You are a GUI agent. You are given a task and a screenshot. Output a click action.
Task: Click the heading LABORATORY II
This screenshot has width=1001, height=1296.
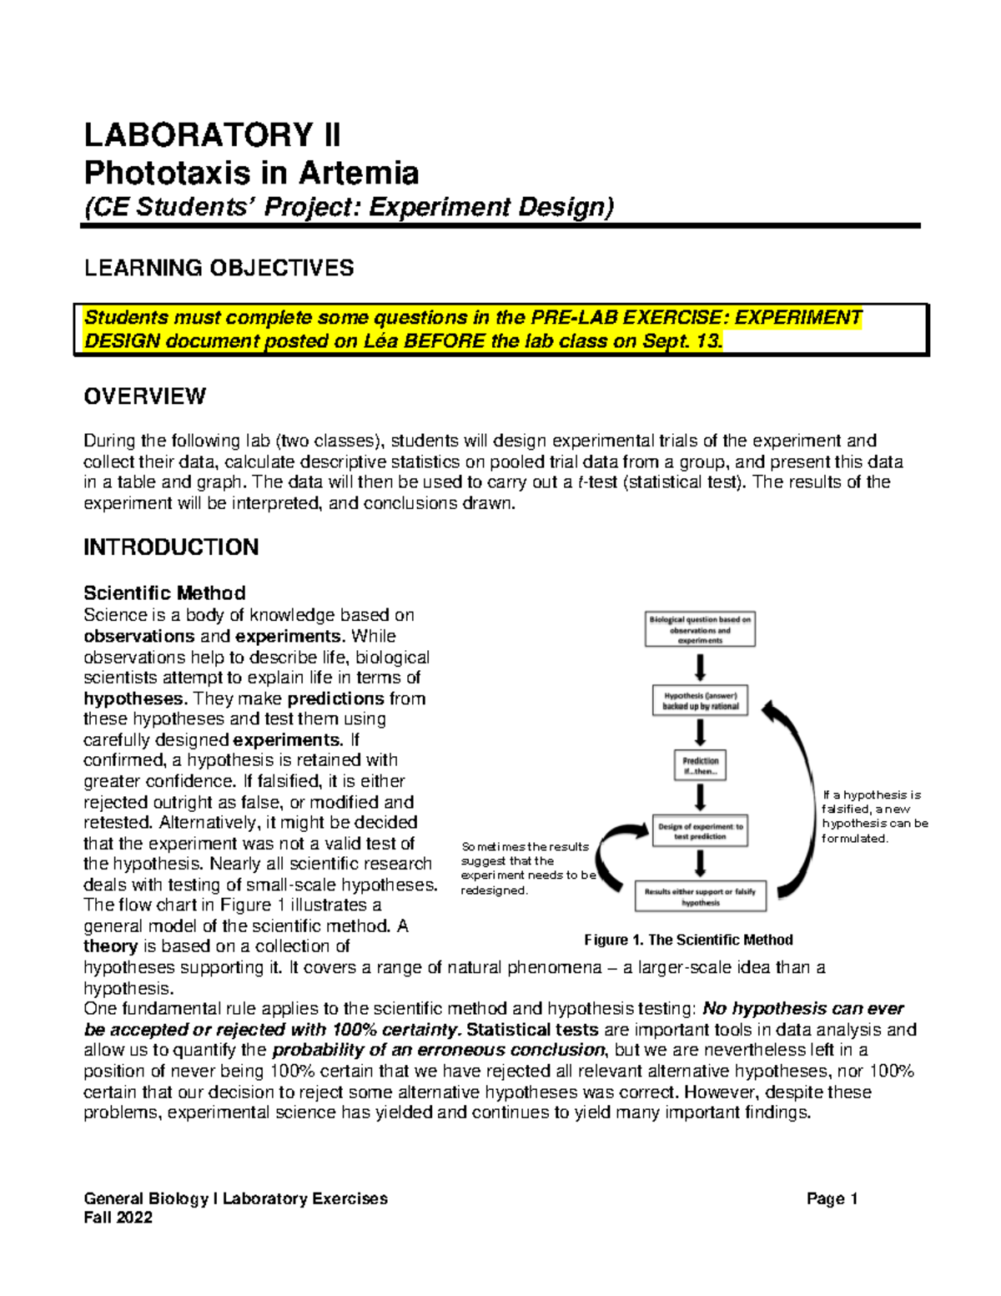(213, 135)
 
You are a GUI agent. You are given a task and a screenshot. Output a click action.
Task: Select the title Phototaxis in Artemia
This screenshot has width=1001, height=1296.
(251, 174)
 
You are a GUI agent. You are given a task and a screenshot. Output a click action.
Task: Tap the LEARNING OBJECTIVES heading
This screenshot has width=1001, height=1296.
(219, 268)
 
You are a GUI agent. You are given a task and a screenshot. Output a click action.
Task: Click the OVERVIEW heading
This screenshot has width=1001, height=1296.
(144, 396)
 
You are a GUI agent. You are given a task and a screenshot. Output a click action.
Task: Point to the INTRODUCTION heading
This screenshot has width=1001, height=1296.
(171, 547)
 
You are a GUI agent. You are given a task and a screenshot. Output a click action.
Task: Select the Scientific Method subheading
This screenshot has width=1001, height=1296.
(164, 593)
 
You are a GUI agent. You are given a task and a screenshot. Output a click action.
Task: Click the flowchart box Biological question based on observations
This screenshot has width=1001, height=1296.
(700, 630)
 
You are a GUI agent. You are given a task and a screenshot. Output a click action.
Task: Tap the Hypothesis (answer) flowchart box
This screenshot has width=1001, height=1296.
(700, 700)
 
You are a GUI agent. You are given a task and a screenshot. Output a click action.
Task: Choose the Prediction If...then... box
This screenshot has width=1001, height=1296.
(700, 766)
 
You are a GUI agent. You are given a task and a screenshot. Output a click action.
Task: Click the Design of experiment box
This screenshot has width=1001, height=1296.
(700, 831)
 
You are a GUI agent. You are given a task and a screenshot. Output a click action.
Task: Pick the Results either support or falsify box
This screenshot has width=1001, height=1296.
(700, 896)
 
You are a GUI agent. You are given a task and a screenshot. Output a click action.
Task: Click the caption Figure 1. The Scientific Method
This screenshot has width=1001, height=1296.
(688, 940)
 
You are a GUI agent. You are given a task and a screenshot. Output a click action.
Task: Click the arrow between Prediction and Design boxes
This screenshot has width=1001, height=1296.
(701, 798)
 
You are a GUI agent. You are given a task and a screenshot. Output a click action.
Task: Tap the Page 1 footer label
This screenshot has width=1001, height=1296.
(832, 1199)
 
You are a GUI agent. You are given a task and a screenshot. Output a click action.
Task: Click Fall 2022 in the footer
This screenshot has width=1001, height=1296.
(118, 1218)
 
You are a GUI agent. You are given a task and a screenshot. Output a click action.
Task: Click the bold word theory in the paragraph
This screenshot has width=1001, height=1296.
(110, 946)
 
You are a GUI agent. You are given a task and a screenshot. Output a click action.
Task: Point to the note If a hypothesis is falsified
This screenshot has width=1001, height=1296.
(874, 816)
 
